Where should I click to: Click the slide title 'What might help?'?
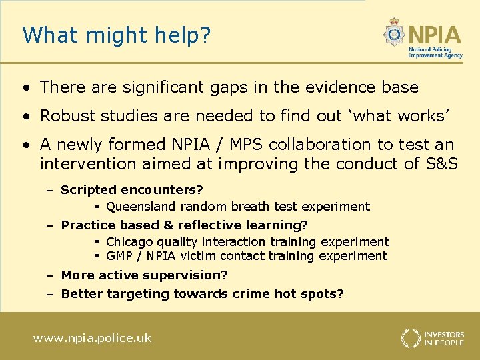coord(116,35)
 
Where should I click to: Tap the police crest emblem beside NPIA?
coord(395,33)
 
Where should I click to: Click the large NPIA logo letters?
coord(435,33)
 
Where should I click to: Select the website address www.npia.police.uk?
coord(93,338)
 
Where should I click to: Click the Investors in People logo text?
coord(445,338)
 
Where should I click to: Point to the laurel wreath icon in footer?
coord(411,338)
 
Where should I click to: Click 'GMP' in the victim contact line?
coord(120,256)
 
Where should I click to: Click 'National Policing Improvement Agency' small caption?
coord(435,53)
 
